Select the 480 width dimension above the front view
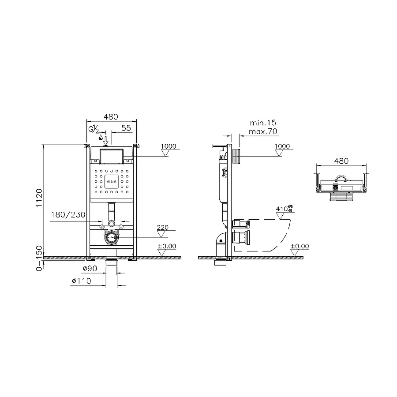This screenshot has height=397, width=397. coord(111,117)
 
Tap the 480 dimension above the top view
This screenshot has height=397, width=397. coord(341,161)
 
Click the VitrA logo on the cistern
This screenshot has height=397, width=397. coord(112,181)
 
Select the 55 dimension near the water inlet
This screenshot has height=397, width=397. coord(126,128)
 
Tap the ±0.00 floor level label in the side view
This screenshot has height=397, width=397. coord(300,246)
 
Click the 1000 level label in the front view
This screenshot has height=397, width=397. coord(168,146)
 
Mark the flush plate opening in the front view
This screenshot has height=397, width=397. coord(112,157)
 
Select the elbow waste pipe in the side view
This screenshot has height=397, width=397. coord(220,247)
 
